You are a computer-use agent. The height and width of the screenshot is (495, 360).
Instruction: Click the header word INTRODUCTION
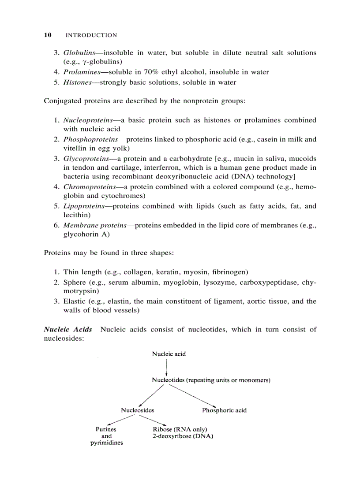[x=91, y=35]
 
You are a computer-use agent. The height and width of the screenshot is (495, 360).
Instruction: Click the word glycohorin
[x=82, y=234]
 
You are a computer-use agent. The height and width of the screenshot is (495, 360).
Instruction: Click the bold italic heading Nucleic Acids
[x=68, y=329]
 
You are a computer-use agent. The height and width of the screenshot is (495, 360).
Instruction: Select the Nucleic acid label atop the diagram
[x=169, y=354]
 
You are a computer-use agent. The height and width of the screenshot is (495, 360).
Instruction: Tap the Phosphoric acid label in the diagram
[x=224, y=410]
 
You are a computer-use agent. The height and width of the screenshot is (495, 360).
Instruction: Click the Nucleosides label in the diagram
[x=138, y=410]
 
